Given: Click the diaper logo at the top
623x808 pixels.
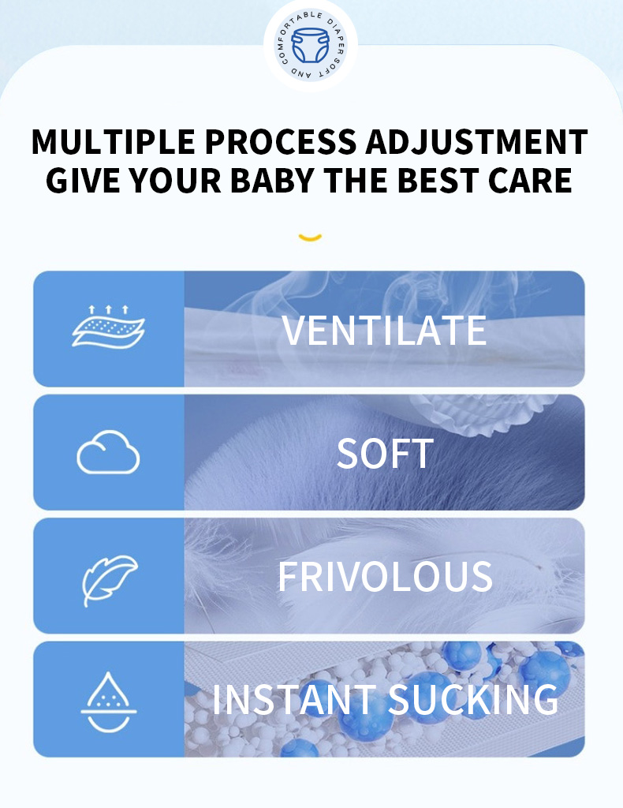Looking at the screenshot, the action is point(311,45).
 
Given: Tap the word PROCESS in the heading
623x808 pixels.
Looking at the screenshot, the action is point(281,142).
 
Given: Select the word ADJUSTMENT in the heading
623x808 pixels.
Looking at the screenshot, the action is point(477,142).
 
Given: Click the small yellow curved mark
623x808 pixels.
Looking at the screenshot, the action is point(310,237).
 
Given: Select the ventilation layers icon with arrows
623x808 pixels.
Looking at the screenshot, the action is point(108,327).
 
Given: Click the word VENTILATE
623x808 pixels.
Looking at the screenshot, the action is point(384,331).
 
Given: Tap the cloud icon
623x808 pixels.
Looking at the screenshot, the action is point(108,452).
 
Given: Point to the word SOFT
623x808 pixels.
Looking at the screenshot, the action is point(385,454).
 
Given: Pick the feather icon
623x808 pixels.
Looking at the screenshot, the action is point(110,580).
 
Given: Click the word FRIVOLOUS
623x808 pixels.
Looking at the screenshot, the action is point(385,576).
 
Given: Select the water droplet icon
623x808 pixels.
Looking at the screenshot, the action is point(109,701).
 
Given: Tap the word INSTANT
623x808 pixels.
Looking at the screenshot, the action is point(294,699).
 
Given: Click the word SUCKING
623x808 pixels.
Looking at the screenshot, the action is point(473,699).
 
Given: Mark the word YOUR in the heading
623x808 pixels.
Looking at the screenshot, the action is point(174,181).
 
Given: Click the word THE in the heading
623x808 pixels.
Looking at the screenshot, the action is point(356,181).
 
